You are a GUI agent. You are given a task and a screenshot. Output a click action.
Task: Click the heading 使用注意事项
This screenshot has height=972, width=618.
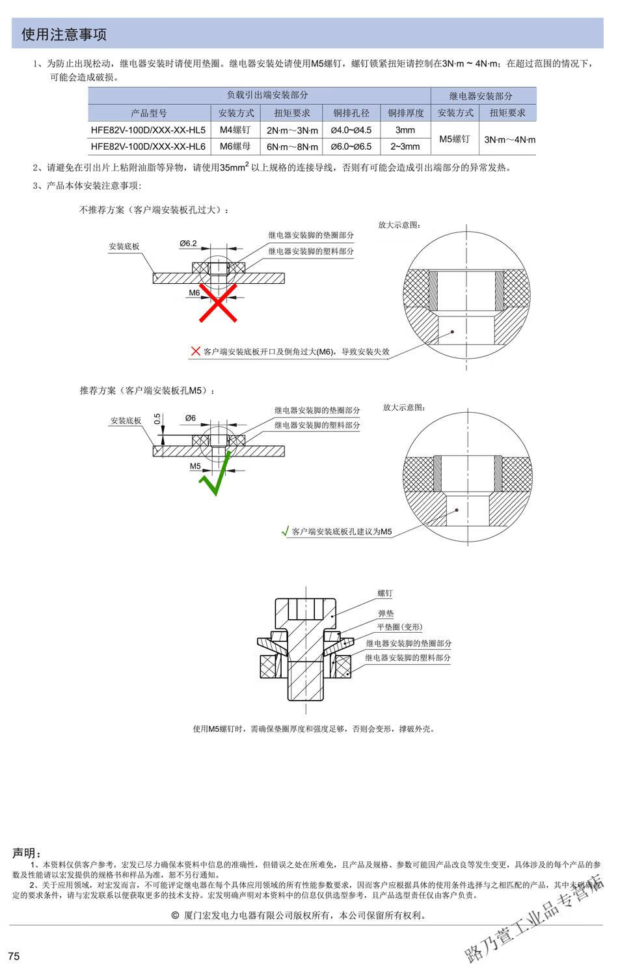(64, 35)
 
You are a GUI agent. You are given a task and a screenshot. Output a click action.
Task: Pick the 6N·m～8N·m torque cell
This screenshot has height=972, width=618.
(292, 147)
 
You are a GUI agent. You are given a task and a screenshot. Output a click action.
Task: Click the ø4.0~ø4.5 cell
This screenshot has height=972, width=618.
(351, 130)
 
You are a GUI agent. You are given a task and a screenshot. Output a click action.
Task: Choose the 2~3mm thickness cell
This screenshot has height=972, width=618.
(405, 146)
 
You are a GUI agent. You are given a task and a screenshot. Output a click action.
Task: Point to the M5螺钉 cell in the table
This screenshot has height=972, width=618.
(455, 139)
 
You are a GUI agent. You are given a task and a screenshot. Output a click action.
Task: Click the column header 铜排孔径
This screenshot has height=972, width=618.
(351, 113)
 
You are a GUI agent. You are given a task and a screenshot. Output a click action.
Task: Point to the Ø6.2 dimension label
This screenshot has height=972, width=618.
(188, 243)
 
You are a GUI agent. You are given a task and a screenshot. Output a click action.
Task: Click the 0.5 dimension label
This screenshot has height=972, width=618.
(157, 418)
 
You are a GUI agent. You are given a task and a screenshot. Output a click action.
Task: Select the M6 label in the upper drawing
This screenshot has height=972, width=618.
(195, 293)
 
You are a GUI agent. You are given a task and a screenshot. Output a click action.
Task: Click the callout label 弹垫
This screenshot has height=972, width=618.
(386, 613)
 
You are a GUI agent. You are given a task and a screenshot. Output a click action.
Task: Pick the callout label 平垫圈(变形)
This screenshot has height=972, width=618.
(399, 627)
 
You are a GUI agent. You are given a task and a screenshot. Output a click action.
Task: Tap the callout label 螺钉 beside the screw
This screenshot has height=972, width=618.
(385, 594)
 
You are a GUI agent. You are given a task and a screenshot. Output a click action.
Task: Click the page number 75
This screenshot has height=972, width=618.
(14, 956)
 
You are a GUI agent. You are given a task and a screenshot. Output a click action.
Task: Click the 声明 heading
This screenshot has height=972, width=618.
(27, 853)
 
